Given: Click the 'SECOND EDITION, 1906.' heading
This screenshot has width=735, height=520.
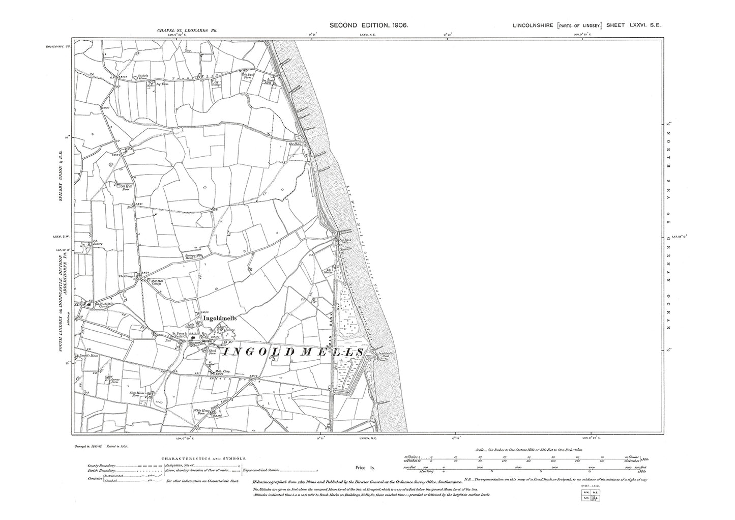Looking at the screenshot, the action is (x=369, y=25).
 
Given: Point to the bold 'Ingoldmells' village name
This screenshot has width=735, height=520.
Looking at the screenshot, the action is (x=220, y=319).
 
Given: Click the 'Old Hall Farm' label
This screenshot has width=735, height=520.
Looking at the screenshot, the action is (x=126, y=187).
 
